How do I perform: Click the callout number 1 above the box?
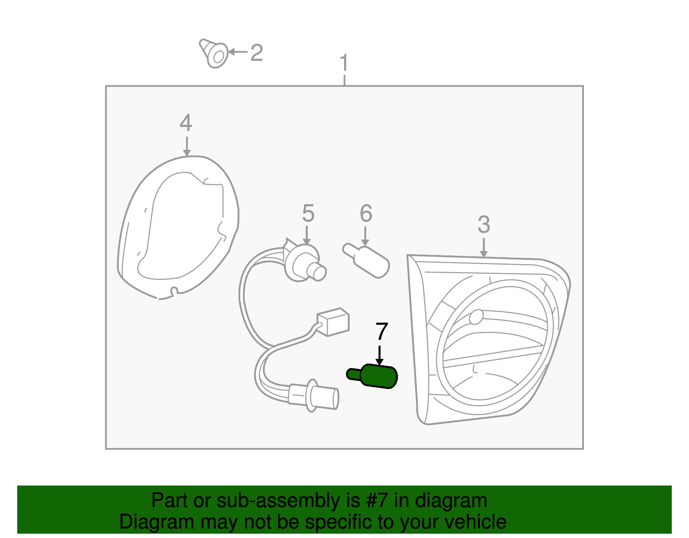point(344,62)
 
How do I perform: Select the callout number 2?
point(257,53)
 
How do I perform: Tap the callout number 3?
point(484,224)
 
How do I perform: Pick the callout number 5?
point(308,213)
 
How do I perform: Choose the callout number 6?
point(366,213)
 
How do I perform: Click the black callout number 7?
point(382,331)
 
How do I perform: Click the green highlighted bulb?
point(372,376)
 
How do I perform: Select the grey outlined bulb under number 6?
point(366,261)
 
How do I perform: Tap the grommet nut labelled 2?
point(214,53)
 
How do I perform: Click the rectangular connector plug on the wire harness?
point(333,322)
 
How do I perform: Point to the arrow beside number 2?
point(238,52)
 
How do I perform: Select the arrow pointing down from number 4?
point(187,146)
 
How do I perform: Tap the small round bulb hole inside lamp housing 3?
point(476,317)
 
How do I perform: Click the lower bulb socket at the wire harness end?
point(314,396)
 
